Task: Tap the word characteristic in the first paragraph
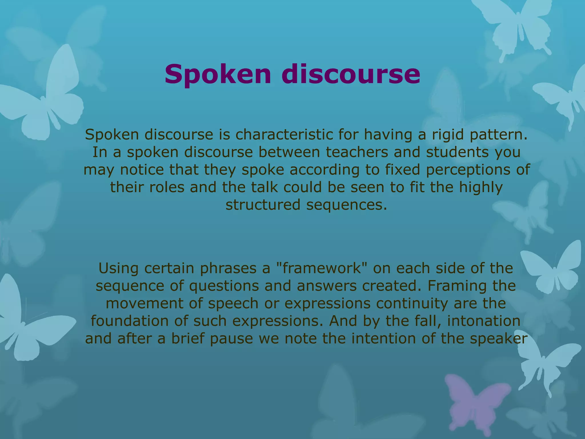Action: click(x=284, y=135)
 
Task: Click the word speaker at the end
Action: click(x=498, y=339)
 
